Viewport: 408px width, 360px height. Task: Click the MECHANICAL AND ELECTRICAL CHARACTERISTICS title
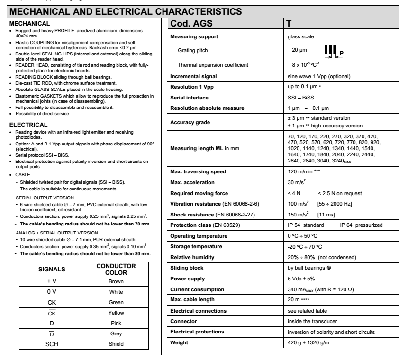coord(126,9)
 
